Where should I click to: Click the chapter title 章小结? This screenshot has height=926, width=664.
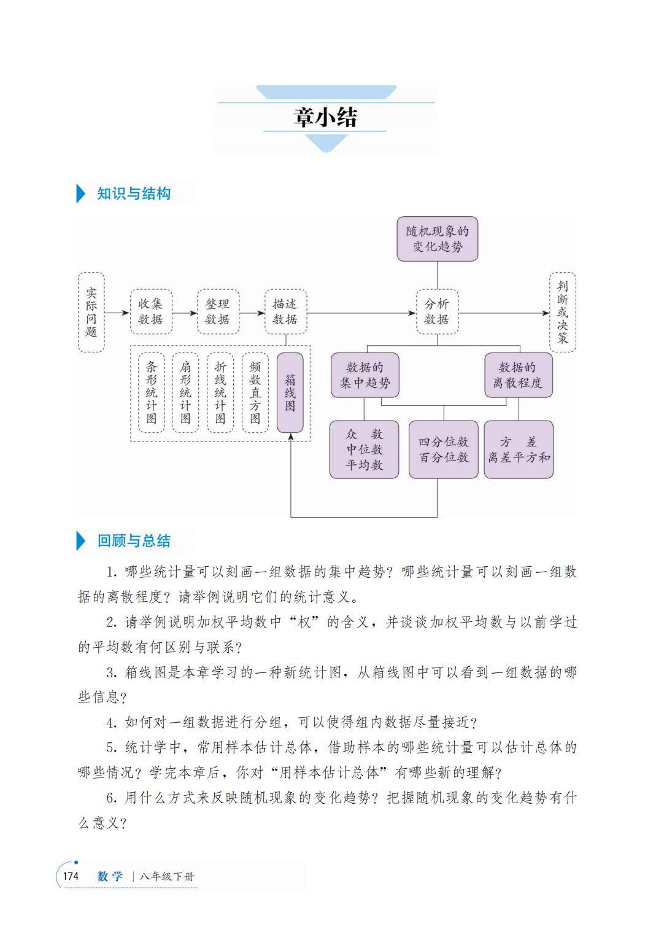tap(325, 117)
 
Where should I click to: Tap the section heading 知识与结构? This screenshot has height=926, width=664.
tap(134, 194)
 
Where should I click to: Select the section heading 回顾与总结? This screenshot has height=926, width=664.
tap(134, 541)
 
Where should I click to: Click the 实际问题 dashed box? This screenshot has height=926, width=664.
tap(91, 313)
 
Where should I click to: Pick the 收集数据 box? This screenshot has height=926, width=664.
tap(150, 312)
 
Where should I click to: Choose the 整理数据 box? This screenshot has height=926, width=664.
tap(218, 312)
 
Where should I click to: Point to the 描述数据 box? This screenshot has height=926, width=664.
tap(285, 312)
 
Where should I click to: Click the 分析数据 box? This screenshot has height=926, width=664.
tap(437, 312)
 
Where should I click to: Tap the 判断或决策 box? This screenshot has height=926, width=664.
tap(562, 313)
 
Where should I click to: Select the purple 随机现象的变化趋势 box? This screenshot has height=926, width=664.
tap(437, 239)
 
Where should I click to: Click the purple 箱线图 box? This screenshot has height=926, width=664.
tap(290, 392)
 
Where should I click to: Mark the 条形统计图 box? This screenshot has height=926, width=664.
tap(151, 393)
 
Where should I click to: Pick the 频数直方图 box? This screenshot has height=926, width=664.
tap(255, 393)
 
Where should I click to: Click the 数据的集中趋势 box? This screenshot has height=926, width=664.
tap(365, 375)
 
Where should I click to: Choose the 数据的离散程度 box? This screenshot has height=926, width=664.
tap(518, 375)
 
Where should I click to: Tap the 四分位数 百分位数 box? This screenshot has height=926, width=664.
tap(443, 449)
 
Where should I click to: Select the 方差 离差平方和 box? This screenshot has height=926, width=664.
tap(519, 449)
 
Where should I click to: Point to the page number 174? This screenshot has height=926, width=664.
tap(71, 876)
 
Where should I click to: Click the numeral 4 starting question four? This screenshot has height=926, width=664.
tap(111, 723)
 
